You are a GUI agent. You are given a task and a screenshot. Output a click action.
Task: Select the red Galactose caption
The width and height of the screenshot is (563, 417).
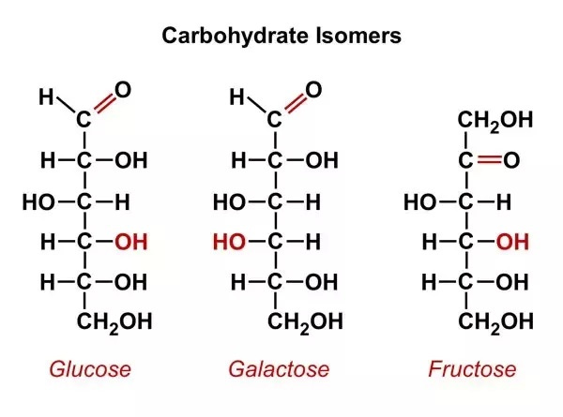[279, 368]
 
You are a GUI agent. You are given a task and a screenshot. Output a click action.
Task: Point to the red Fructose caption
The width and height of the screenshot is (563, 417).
[472, 368]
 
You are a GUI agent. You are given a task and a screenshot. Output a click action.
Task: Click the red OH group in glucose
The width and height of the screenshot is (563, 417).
[130, 242]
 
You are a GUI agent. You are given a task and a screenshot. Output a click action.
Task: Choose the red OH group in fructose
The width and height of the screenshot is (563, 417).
[511, 242]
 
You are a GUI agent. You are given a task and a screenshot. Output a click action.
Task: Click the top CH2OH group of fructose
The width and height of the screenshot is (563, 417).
[495, 121]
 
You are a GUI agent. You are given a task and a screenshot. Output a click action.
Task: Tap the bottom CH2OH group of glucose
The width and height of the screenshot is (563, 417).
[114, 322]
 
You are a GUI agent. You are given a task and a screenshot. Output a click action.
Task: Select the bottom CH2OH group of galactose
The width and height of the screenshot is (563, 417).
[305, 322]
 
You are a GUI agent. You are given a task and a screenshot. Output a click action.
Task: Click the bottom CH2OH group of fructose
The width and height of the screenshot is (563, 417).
[495, 322]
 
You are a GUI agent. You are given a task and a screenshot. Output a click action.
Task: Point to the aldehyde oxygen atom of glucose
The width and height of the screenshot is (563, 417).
[122, 90]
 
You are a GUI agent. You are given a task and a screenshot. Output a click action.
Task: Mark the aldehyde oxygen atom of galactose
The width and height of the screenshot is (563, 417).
[313, 90]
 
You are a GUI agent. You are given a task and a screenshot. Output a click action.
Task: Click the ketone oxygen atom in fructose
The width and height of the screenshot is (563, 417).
[511, 161]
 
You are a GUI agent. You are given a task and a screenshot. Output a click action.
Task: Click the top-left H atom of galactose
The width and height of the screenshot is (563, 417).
[236, 97]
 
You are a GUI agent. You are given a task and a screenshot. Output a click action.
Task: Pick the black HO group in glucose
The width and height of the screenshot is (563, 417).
[38, 201]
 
